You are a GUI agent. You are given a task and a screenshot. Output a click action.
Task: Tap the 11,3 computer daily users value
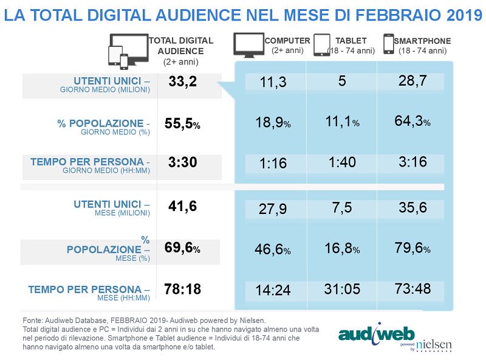[273, 82]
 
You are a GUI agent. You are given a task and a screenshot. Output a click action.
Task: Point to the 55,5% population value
[182, 123]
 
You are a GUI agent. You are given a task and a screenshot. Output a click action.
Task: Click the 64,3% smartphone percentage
[412, 122]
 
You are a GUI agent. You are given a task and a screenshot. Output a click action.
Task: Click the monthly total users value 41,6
[182, 206]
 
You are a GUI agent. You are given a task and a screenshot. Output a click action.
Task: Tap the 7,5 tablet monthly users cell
[342, 208]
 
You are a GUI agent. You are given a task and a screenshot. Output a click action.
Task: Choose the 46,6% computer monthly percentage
[272, 250]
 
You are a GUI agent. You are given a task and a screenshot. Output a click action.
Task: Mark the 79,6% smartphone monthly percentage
[412, 249]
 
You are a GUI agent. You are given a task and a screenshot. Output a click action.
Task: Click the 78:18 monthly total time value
[182, 289]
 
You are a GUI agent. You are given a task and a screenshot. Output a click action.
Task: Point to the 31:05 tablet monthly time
[342, 290]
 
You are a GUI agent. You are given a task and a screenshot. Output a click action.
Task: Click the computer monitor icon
[248, 46]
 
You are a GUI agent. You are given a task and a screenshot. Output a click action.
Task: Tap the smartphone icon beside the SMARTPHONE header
[388, 44]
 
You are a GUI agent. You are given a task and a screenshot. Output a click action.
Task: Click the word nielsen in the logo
[433, 344]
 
